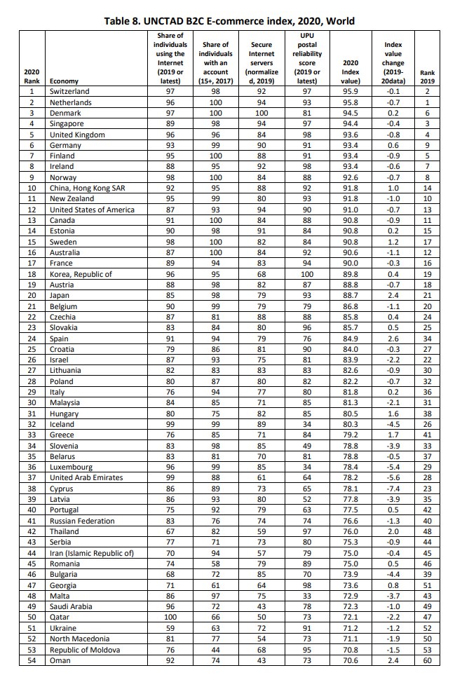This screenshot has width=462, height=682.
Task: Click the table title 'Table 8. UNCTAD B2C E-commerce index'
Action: coord(230,22)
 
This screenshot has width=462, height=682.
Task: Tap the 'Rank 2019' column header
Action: coord(427,76)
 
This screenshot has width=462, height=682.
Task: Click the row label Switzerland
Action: coord(69,91)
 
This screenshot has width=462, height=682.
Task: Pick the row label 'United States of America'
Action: coord(92,210)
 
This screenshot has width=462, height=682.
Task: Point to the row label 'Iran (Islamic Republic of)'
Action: coord(91,553)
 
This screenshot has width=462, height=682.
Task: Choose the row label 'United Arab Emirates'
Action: coord(86,478)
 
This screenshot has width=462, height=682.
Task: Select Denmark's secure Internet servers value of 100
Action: coord(261,113)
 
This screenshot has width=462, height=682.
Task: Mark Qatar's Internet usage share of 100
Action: coord(170,618)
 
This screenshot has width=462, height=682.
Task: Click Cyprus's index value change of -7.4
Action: coord(393,489)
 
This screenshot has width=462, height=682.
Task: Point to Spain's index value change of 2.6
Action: coord(393,339)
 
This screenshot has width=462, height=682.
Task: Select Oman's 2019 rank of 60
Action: coord(427,660)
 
